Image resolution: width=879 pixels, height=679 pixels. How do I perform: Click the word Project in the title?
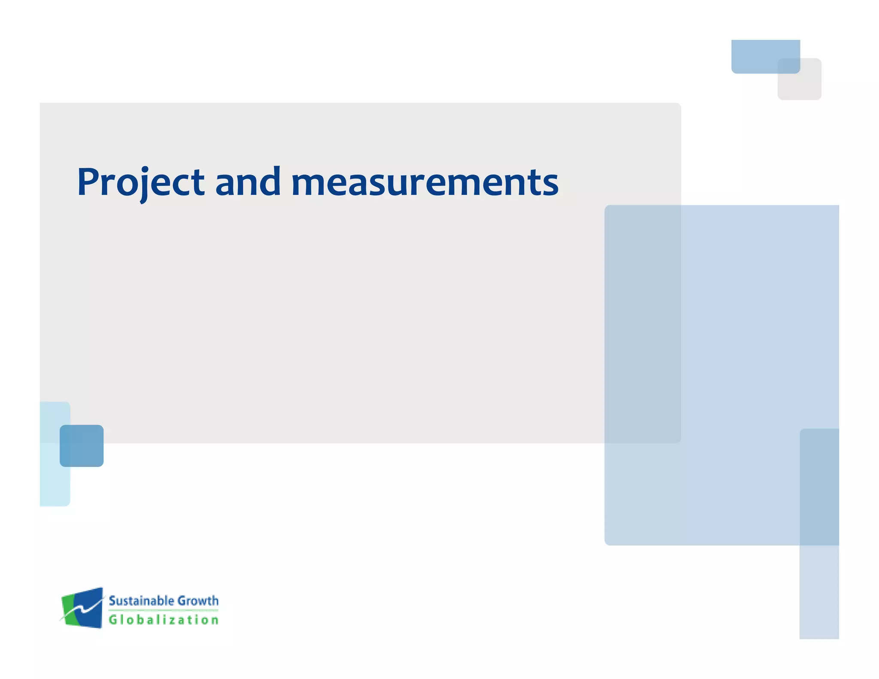click(x=140, y=182)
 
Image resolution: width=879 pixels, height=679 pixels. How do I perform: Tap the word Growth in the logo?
click(x=198, y=600)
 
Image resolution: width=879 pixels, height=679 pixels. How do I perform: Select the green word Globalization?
click(x=164, y=620)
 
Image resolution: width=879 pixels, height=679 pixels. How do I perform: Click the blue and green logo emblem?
click(x=82, y=608)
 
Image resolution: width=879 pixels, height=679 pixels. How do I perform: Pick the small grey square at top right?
click(x=807, y=86)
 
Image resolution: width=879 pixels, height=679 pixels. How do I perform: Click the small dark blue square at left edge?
click(x=82, y=446)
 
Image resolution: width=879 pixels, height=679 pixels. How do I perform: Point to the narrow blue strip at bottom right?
click(x=819, y=592)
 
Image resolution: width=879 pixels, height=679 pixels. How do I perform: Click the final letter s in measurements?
click(x=550, y=185)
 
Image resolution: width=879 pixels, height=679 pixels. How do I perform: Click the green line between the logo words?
click(x=164, y=610)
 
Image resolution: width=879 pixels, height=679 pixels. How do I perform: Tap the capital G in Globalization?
click(x=113, y=620)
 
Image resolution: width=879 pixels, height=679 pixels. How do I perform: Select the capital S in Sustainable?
click(x=113, y=600)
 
